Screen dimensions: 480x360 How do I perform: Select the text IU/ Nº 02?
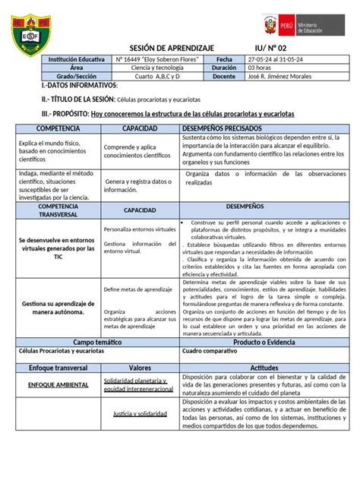pyautogui.click(x=272, y=46)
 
